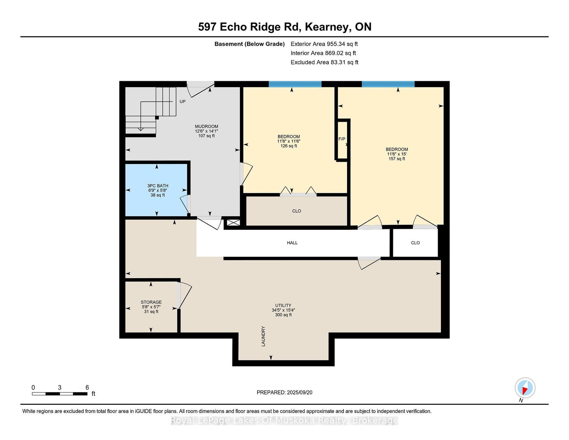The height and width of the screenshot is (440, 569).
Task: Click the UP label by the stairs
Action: [x=182, y=102]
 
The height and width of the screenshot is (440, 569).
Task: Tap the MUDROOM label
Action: [x=206, y=127]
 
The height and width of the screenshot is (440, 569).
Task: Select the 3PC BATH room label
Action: [x=158, y=186]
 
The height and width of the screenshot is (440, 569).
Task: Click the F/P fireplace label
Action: [x=342, y=139]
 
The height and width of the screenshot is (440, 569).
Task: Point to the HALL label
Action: [x=292, y=243]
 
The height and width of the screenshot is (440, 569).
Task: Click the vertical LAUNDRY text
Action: [x=263, y=336]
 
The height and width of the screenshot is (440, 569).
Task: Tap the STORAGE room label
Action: [x=151, y=302]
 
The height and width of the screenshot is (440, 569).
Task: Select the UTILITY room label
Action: [x=283, y=306]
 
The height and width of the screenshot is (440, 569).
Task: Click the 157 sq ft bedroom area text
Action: [x=397, y=159]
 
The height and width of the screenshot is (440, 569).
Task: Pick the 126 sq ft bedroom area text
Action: [x=288, y=146]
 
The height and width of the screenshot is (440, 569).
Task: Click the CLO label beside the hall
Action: [x=415, y=243]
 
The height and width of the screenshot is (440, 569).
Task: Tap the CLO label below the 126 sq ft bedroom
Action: [x=297, y=211]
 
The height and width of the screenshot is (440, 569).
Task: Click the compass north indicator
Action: [x=525, y=388]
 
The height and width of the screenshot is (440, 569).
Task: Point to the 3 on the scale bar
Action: [x=60, y=388]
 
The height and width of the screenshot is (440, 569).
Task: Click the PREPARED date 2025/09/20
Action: [x=299, y=392]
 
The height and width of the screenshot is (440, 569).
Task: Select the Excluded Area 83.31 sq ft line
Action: [x=324, y=62]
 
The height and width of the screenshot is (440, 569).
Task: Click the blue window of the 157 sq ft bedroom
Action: [x=388, y=84]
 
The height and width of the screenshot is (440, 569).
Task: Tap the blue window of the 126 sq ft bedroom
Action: [x=295, y=84]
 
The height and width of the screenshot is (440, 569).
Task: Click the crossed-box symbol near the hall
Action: [x=233, y=223]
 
